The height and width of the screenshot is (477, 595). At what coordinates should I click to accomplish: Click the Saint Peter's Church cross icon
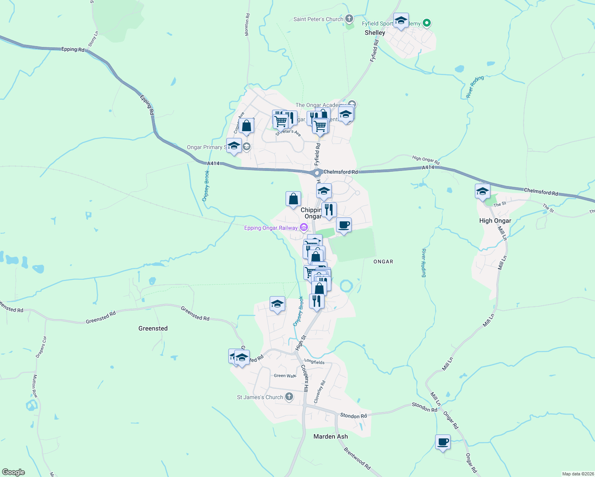[349, 18]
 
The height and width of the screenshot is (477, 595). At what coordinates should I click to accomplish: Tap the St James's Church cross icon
[289, 397]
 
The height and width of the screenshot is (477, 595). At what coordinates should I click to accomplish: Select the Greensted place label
[153, 328]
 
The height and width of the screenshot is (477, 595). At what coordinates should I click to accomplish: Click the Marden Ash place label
[331, 436]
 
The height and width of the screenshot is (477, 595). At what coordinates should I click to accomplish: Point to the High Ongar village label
[495, 221]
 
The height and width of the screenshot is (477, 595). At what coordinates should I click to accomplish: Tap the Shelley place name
[375, 33]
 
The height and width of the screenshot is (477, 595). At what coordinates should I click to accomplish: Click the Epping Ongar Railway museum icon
[304, 227]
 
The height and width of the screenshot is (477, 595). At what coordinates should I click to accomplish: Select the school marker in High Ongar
[482, 192]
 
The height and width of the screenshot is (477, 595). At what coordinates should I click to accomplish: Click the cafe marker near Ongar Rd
[443, 442]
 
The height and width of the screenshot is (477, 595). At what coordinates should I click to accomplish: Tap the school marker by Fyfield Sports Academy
[401, 20]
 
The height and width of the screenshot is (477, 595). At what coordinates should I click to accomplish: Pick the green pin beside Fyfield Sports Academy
[427, 23]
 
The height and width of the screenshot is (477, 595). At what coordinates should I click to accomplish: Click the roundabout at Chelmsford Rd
[317, 173]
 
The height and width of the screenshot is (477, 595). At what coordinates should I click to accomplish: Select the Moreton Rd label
[247, 25]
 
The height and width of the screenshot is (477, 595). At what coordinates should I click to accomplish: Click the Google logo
[13, 472]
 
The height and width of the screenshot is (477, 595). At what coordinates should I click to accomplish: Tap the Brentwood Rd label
[357, 458]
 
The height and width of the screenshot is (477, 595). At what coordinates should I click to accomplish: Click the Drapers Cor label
[41, 347]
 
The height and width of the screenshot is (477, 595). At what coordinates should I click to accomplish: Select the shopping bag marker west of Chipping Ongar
[293, 198]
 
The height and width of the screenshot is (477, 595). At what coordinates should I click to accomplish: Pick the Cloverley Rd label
[320, 392]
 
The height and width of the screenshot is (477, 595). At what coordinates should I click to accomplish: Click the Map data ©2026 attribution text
[577, 474]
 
